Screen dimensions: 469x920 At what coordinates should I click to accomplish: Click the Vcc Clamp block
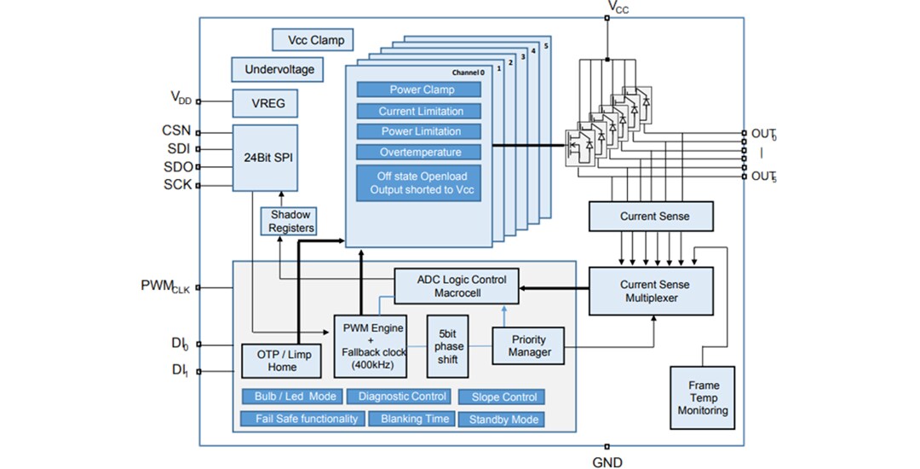313,39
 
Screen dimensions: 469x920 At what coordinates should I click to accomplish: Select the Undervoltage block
279,69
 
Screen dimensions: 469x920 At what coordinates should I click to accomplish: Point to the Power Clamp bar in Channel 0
418,90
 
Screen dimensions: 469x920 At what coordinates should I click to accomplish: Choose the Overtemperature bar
418,152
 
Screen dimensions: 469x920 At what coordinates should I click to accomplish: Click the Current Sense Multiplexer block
654,290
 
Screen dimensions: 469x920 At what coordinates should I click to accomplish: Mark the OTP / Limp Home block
282,361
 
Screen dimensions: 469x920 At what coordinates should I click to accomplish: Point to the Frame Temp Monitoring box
703,398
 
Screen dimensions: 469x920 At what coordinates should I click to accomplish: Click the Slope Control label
502,397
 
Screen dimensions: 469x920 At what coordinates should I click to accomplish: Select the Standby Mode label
502,420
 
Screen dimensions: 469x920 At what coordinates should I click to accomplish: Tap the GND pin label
607,462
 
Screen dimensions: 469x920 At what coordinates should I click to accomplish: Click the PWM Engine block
372,345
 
